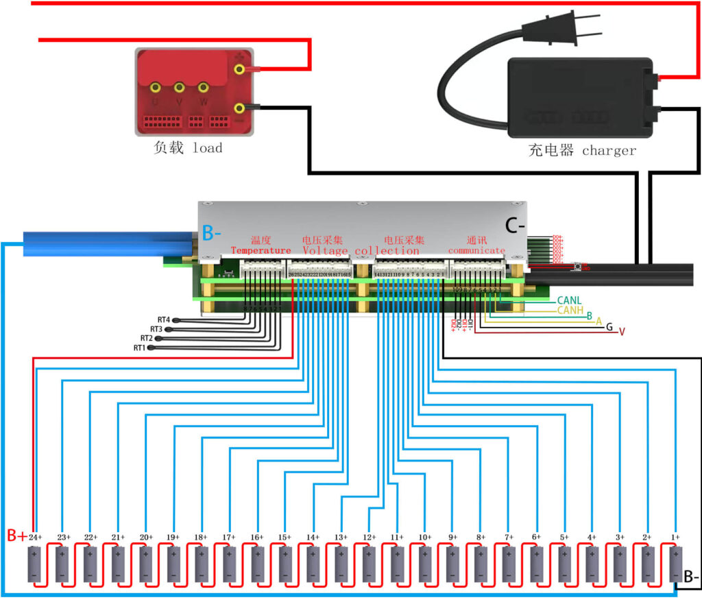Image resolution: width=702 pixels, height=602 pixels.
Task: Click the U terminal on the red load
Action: click(156, 88)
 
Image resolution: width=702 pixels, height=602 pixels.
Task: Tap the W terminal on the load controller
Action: click(203, 88)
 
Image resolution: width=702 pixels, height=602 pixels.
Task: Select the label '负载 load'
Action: click(189, 147)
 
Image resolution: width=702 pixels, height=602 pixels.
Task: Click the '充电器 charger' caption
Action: click(582, 150)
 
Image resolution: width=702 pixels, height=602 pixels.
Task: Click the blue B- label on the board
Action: click(212, 233)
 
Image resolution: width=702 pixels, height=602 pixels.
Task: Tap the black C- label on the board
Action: click(515, 224)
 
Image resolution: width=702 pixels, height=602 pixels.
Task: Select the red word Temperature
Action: click(261, 251)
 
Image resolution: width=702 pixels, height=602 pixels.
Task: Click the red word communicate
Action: click(476, 251)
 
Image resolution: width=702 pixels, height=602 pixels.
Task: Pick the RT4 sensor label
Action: click(163, 320)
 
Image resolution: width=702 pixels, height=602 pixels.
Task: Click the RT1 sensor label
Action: click(141, 348)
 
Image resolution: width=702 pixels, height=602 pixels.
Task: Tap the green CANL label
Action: click(570, 300)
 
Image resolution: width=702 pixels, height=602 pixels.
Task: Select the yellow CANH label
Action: click(570, 310)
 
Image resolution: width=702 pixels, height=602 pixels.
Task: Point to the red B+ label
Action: click(16, 535)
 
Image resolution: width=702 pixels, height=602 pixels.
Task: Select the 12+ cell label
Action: click(369, 538)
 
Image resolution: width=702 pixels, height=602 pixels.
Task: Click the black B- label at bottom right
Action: click(690, 577)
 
